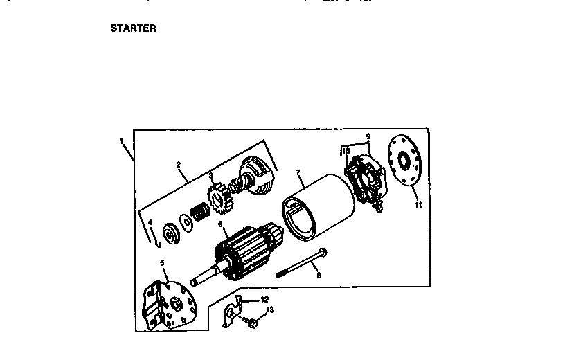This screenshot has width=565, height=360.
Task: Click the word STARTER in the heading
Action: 133,29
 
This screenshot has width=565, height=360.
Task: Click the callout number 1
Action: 122,141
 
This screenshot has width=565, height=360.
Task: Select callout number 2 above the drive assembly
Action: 179,165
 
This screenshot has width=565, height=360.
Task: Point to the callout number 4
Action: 149,222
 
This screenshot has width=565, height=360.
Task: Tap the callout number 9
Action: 368,136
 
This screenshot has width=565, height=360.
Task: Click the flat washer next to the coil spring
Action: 185,222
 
